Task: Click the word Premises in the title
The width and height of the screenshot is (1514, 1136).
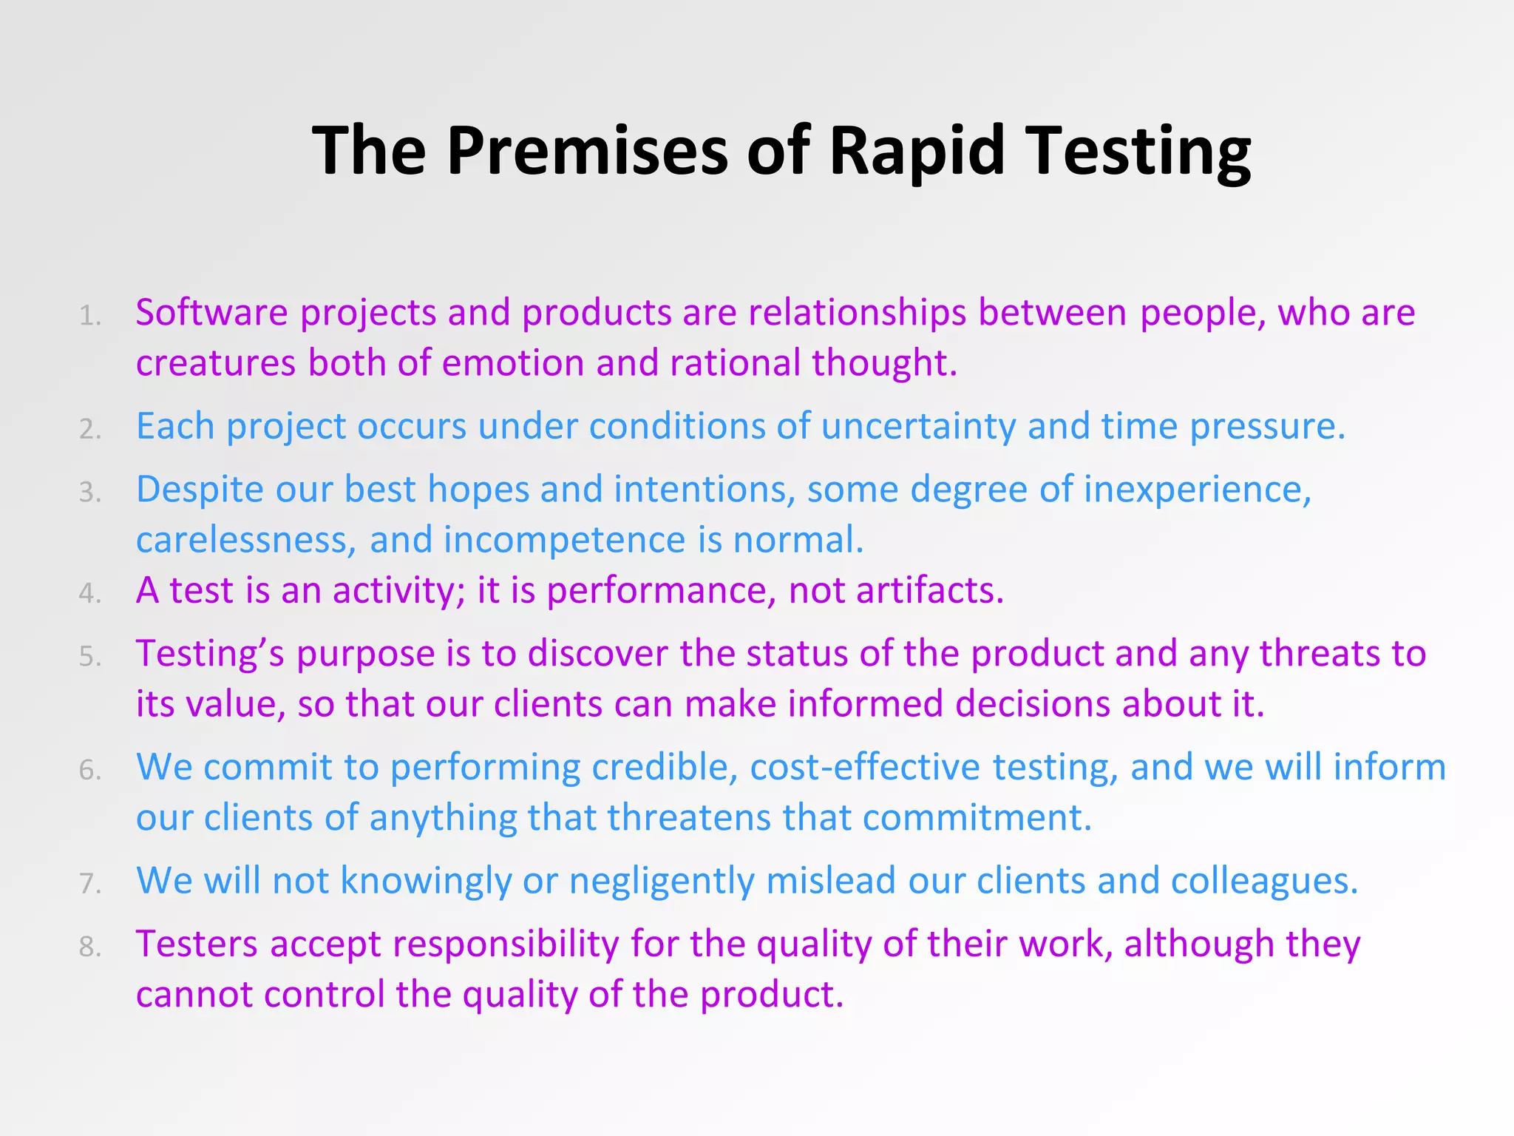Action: click(588, 151)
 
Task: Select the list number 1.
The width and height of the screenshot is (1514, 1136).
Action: click(89, 317)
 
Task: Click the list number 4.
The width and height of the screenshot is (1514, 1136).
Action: click(89, 593)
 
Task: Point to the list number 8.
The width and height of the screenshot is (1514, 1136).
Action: click(89, 947)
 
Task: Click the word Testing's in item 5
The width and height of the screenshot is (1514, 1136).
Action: click(210, 654)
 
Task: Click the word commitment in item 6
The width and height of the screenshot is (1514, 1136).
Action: click(976, 818)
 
